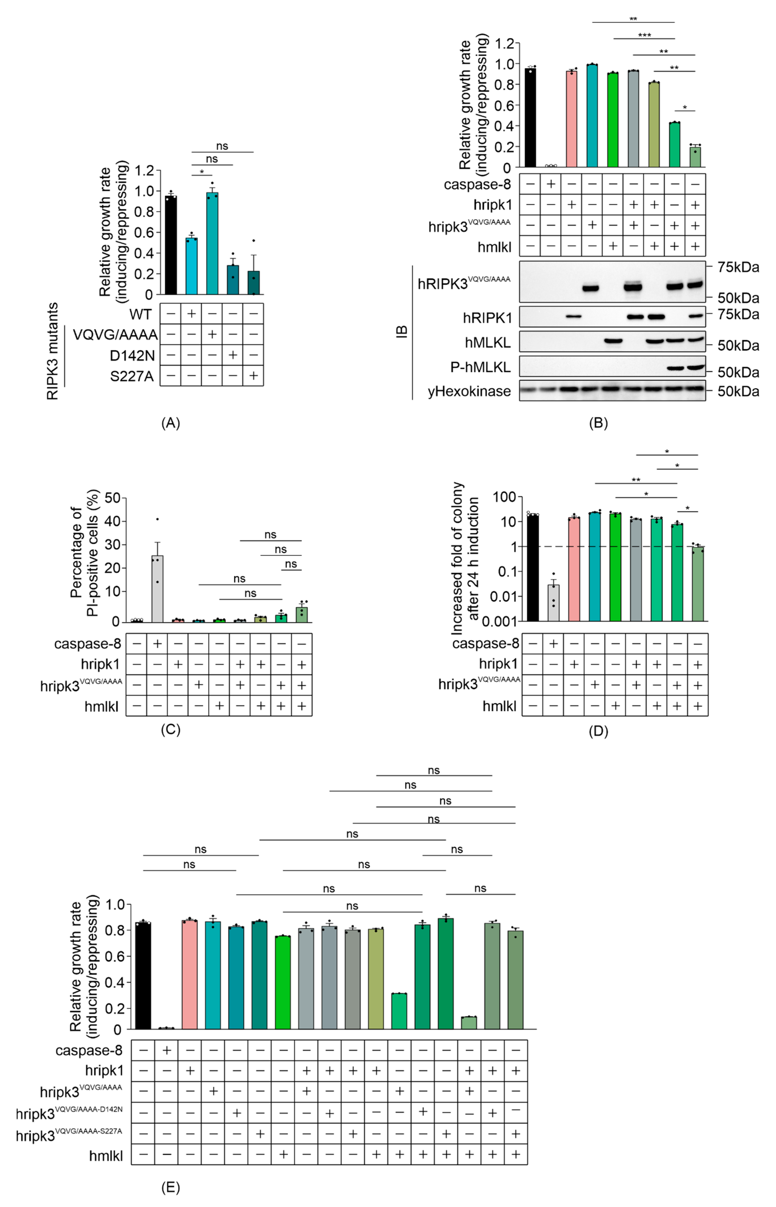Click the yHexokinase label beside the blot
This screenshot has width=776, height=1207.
469,391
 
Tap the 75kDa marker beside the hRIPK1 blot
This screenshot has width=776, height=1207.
738,315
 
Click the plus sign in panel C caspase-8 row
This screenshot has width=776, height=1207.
157,644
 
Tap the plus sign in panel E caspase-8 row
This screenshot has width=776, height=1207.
167,1050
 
